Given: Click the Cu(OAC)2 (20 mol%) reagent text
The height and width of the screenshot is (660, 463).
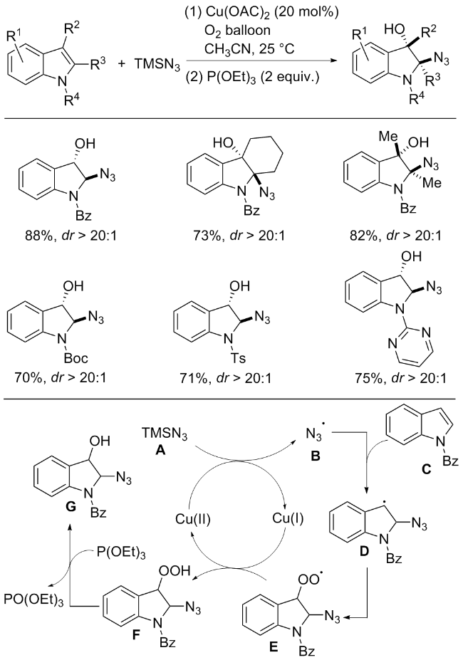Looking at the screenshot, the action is [261, 12].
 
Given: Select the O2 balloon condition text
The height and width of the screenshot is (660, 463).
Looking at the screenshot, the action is [237, 31].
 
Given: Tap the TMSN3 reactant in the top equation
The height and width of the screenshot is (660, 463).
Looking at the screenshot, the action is [157, 64].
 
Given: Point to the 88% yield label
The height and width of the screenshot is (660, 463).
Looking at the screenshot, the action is [39, 235].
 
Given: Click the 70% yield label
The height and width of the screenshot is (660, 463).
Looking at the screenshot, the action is [28, 377].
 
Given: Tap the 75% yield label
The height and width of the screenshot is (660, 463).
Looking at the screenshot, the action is [369, 377].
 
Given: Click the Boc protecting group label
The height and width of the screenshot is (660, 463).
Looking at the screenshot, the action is [76, 358].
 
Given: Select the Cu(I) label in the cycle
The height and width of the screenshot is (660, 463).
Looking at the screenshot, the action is [288, 518].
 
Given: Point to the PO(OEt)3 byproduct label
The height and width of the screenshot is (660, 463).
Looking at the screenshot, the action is [33, 599].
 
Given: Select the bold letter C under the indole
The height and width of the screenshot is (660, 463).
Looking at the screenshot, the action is [427, 468].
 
